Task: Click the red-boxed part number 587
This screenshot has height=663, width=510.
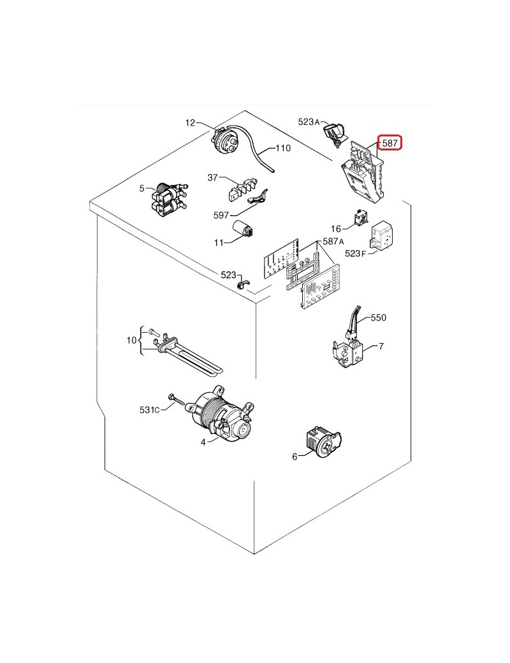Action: pos(390,143)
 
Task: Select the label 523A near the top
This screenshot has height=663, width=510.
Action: pos(309,122)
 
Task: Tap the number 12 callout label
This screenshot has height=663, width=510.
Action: pos(191,122)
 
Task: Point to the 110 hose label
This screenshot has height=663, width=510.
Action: pos(283,148)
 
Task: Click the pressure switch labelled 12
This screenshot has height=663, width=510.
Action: pos(225,141)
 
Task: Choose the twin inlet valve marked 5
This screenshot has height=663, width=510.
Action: pos(169,198)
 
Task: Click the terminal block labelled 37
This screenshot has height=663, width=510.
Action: pos(242,189)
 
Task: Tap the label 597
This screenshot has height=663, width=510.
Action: pos(221,215)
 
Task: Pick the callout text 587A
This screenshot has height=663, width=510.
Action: pos(333,241)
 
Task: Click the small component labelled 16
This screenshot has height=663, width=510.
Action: pos(361,217)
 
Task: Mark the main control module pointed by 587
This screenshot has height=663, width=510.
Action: pos(365,172)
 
